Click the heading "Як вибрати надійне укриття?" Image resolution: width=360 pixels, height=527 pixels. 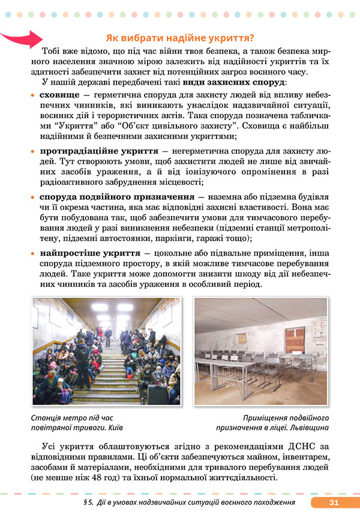[x=179, y=37]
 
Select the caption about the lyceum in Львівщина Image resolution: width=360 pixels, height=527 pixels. [x=278, y=423]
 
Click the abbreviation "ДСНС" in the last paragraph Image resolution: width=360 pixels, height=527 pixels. [x=272, y=447]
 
